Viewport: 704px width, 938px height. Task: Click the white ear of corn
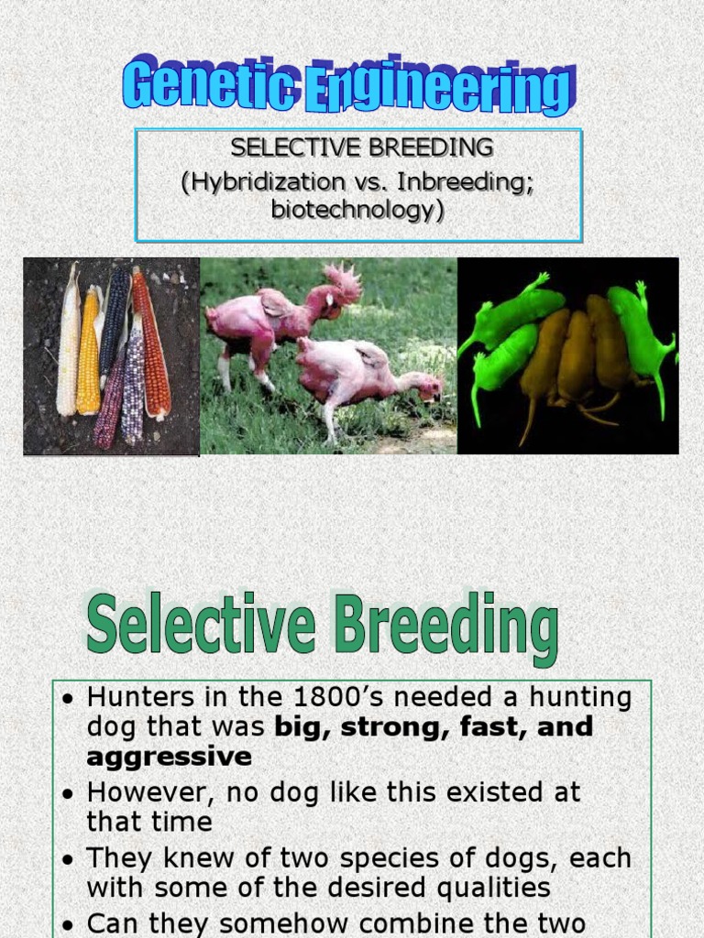coord(69,344)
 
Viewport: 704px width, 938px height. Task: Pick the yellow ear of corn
coord(89,353)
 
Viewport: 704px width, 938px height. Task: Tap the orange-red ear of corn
coord(151,344)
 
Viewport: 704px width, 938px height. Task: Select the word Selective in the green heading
coord(201,627)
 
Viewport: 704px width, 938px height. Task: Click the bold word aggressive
coord(169,757)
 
